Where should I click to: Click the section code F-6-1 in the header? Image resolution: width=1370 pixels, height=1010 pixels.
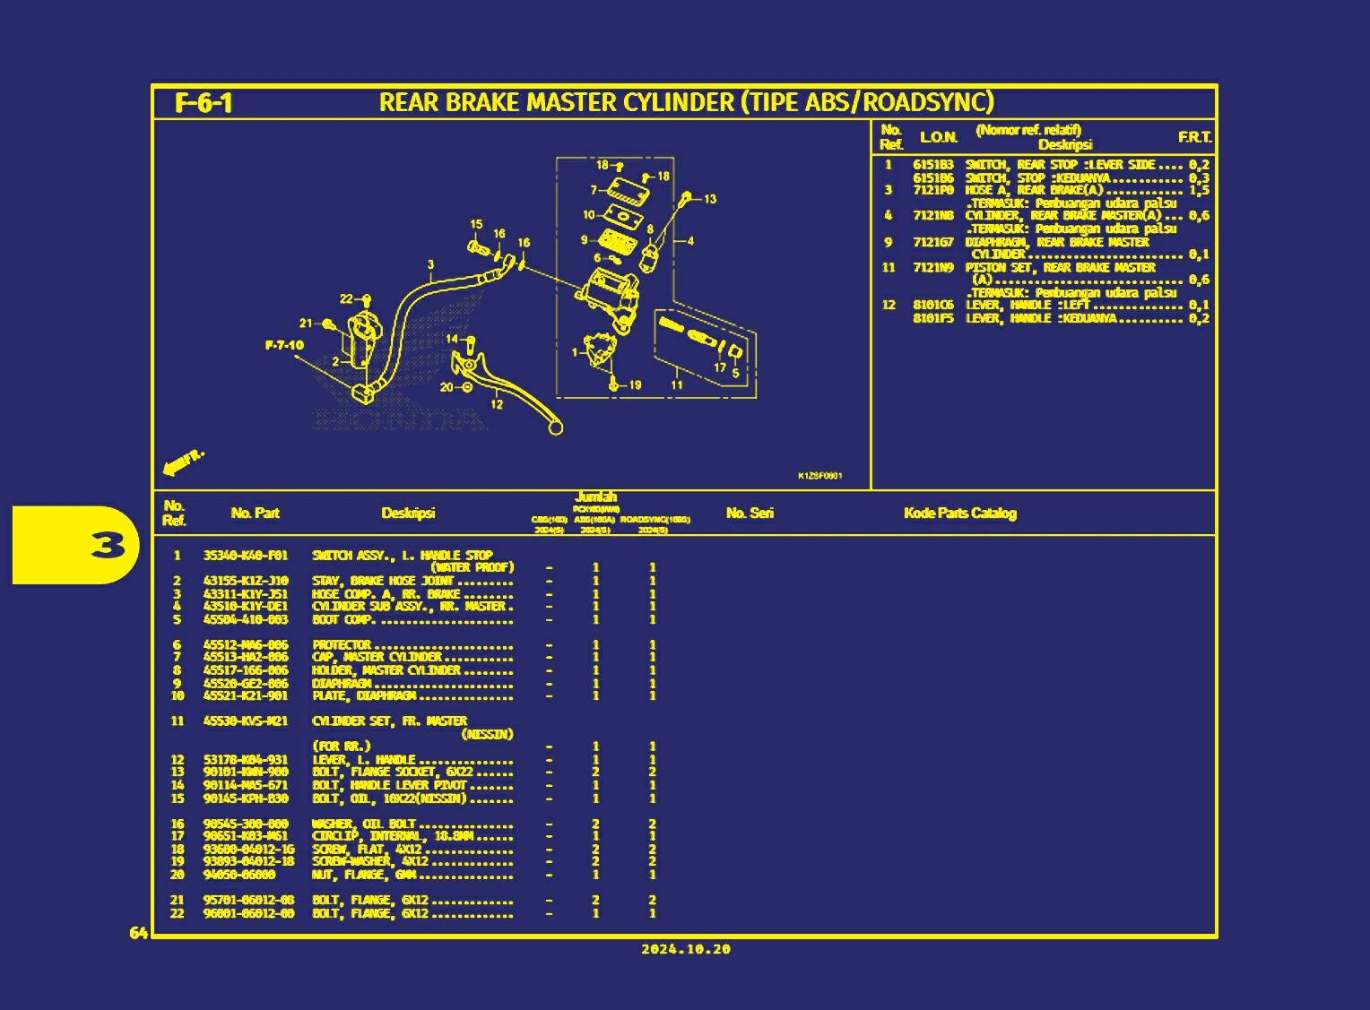204,103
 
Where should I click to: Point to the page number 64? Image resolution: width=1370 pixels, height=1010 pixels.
138,934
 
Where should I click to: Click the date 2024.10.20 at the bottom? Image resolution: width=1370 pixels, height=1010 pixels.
686,949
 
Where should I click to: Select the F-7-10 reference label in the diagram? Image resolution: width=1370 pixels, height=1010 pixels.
284,345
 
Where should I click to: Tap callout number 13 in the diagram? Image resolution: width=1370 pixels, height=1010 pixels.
710,199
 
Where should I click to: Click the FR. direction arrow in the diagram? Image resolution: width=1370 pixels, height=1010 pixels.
183,462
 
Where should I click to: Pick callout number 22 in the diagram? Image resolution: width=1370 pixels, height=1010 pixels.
346,299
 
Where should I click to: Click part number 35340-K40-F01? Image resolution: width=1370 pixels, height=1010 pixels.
246,556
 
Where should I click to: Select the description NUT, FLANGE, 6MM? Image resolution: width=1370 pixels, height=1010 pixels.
363,875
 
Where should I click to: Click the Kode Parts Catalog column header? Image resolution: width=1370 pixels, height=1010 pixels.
959,514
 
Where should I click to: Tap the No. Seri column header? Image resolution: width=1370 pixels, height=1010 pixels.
750,514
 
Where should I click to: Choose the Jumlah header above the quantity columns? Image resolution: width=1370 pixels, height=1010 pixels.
595,497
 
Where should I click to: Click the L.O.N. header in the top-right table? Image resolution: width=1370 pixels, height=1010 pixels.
939,137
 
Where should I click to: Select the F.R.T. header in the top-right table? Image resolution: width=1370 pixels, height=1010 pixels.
1194,137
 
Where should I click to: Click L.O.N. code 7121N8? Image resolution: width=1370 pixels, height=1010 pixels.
933,215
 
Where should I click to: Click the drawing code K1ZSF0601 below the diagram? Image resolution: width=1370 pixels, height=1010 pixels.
819,476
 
